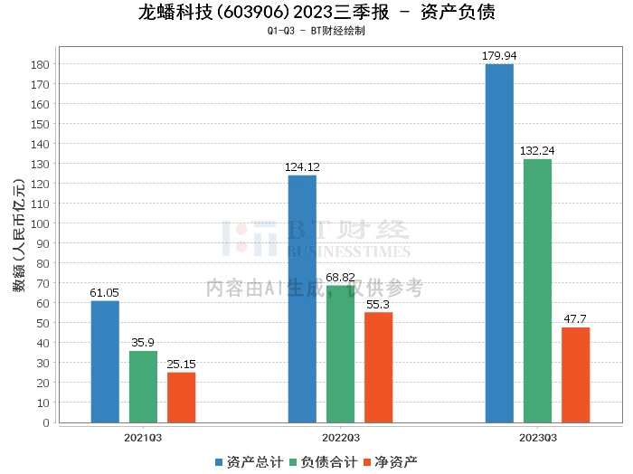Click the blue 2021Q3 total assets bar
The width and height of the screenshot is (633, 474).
[105, 361]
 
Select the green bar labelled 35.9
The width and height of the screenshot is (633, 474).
[143, 386]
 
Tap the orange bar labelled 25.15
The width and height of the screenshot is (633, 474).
[181, 397]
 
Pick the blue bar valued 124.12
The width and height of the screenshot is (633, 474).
[302, 299]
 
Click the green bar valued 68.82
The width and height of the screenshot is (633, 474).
[340, 354]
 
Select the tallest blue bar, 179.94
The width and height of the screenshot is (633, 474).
[499, 242]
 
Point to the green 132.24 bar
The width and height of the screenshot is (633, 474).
[537, 290]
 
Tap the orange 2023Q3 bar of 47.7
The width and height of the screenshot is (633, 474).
[575, 374]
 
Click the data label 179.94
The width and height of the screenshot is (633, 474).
[499, 56]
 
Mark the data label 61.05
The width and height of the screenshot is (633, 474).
[105, 293]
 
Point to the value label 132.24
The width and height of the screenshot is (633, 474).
[537, 151]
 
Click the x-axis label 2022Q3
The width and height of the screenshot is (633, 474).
[340, 437]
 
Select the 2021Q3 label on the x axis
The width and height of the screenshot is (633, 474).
[143, 437]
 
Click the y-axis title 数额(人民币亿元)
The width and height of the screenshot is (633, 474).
[18, 242]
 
